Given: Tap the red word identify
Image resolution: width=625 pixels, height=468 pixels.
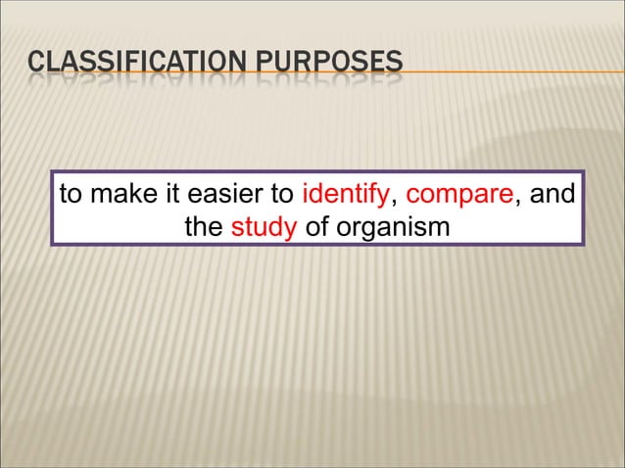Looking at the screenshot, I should (x=348, y=194).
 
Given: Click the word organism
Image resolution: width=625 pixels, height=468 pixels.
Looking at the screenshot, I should (x=392, y=228).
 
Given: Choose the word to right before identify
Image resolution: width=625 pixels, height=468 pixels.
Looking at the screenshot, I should (x=289, y=194).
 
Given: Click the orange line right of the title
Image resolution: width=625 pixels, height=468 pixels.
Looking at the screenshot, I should (x=509, y=72).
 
